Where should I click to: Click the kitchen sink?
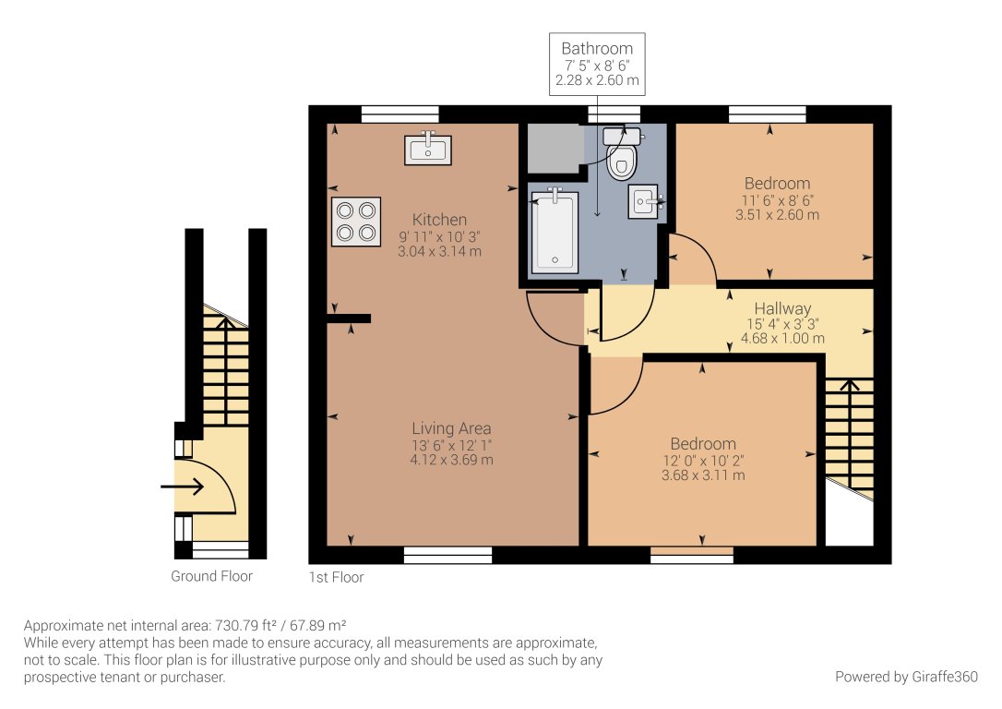click(x=428, y=149)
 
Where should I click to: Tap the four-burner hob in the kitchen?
click(x=356, y=222)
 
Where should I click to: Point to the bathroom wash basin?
click(x=645, y=201)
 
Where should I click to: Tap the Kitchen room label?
click(x=439, y=220)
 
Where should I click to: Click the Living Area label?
click(x=451, y=428)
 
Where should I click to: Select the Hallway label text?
click(x=782, y=308)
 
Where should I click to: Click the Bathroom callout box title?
click(x=598, y=49)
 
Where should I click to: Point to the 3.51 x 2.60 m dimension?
click(x=777, y=215)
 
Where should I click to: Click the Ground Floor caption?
click(x=211, y=576)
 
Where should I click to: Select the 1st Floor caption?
click(x=337, y=578)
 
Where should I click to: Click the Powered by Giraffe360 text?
click(x=906, y=677)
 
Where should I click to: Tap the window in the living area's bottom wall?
click(x=447, y=555)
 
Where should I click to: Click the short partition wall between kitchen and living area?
click(x=348, y=318)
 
